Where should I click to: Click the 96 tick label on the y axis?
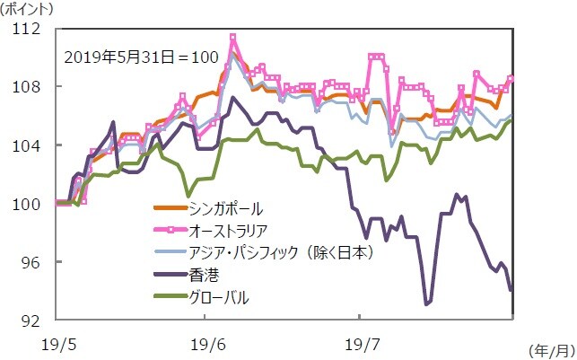click(31, 262)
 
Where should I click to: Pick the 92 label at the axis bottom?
click(31, 320)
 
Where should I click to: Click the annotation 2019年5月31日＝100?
click(141, 56)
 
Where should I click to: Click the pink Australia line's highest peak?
click(233, 37)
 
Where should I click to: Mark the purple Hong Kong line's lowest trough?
click(426, 304)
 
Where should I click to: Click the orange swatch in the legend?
click(168, 208)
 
